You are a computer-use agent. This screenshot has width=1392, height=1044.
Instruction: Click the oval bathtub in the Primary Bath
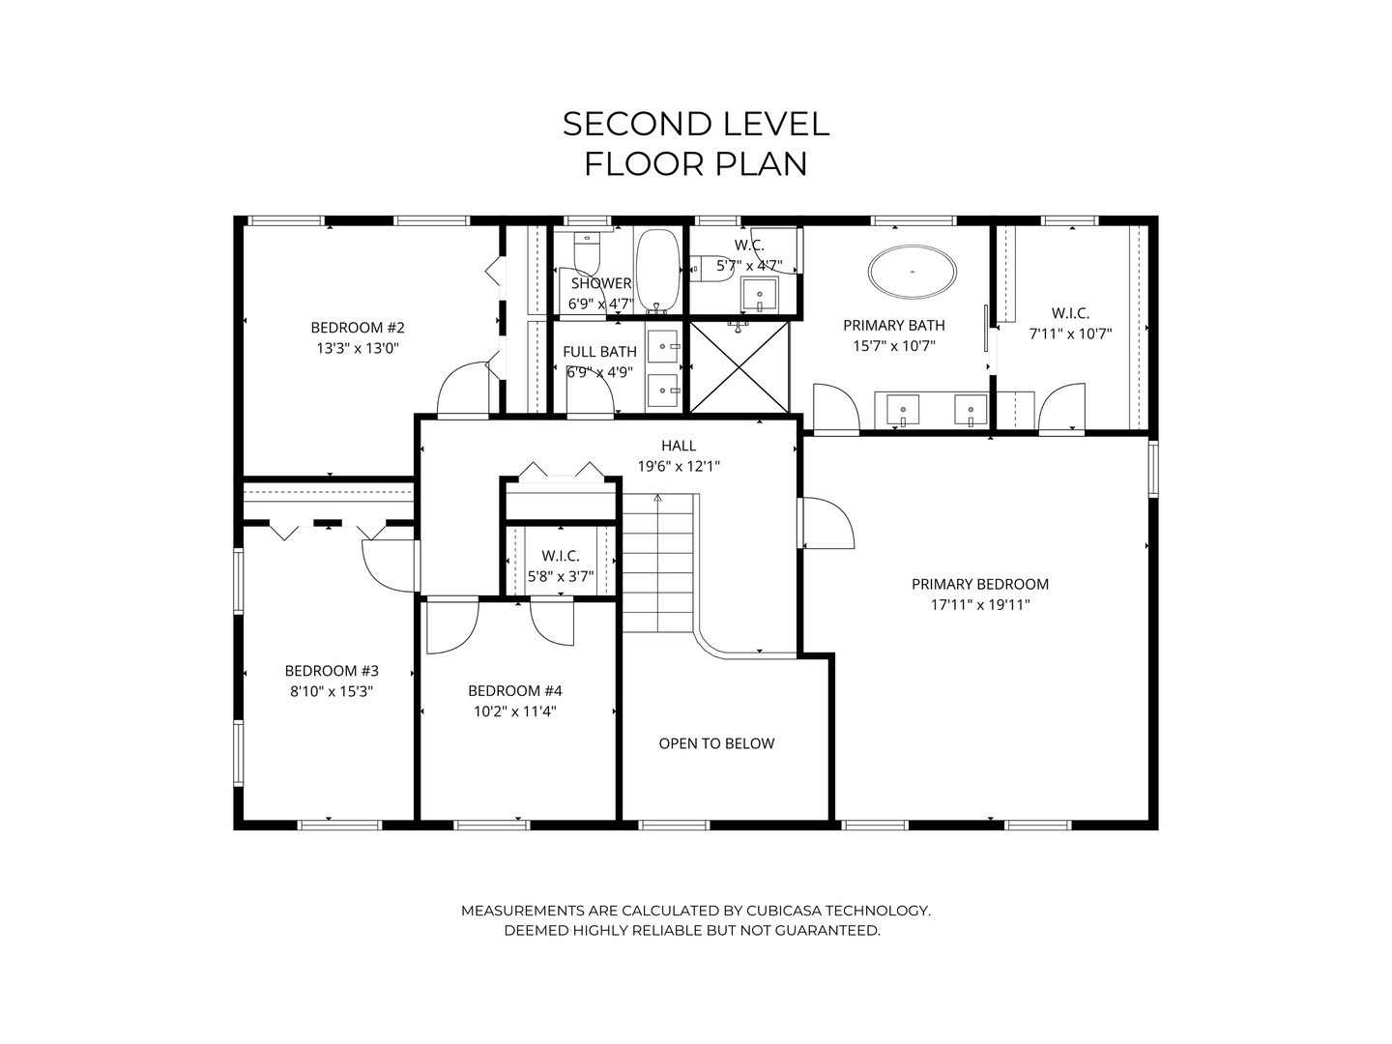pyautogui.click(x=913, y=272)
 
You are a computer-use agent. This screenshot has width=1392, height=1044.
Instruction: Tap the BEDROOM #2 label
pyautogui.click(x=357, y=327)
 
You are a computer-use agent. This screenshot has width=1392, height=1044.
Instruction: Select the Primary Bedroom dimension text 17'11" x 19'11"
pyautogui.click(x=980, y=605)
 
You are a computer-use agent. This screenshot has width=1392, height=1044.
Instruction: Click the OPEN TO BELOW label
pyautogui.click(x=716, y=743)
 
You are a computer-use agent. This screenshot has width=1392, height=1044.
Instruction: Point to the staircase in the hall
pyautogui.click(x=658, y=561)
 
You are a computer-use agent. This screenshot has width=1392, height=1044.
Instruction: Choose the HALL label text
pyautogui.click(x=679, y=446)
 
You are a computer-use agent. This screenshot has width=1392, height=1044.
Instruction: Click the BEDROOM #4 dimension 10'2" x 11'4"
pyautogui.click(x=514, y=711)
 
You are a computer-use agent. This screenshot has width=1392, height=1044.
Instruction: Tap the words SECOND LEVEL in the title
pyautogui.click(x=695, y=124)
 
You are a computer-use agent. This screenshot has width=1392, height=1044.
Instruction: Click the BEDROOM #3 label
pyautogui.click(x=332, y=671)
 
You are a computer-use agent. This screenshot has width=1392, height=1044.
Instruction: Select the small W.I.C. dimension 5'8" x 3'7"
pyautogui.click(x=561, y=577)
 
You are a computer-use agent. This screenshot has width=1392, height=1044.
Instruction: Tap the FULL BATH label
pyautogui.click(x=599, y=352)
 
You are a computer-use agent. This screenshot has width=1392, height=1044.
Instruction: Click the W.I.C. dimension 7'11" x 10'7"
pyautogui.click(x=1070, y=333)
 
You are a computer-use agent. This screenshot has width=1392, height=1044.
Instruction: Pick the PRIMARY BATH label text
pyautogui.click(x=893, y=325)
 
